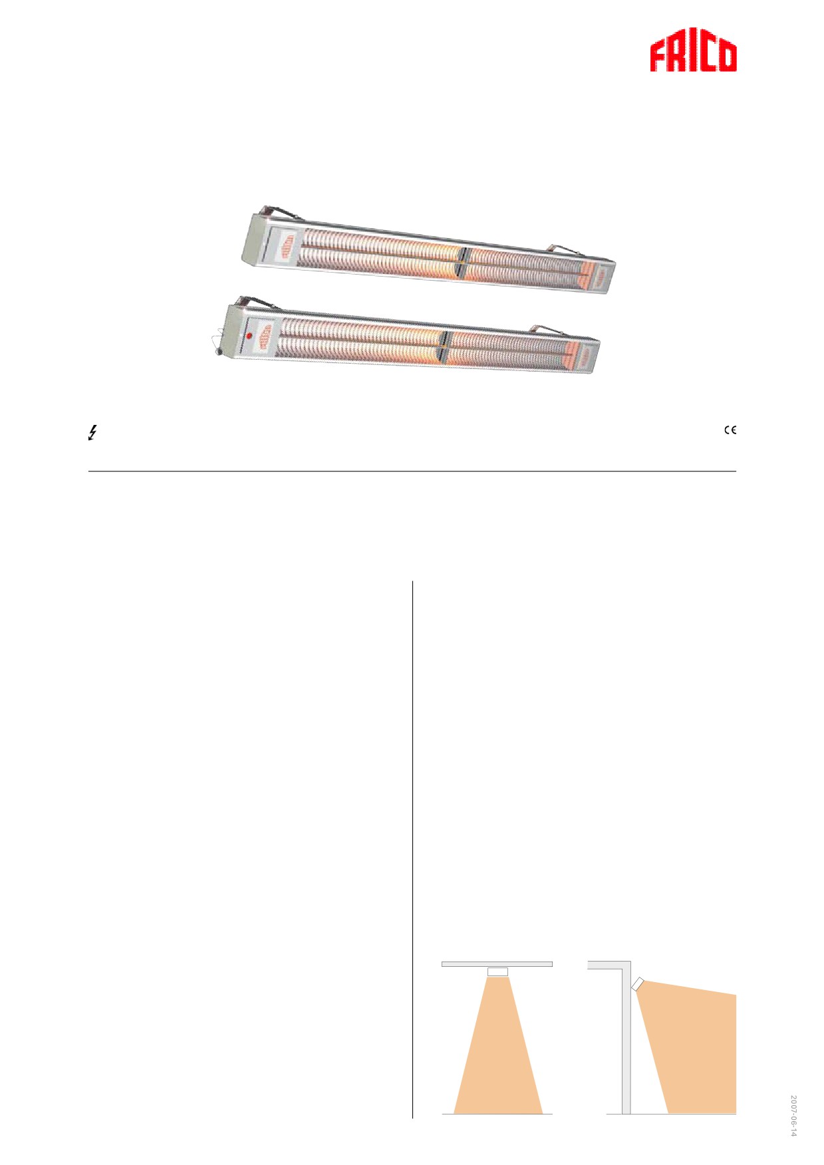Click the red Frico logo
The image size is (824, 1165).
tap(693, 55)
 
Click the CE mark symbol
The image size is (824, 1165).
tap(730, 430)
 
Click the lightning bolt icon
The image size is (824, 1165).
tap(93, 434)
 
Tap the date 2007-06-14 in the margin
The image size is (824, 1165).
tap(793, 1116)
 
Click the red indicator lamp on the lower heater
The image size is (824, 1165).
tap(249, 336)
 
